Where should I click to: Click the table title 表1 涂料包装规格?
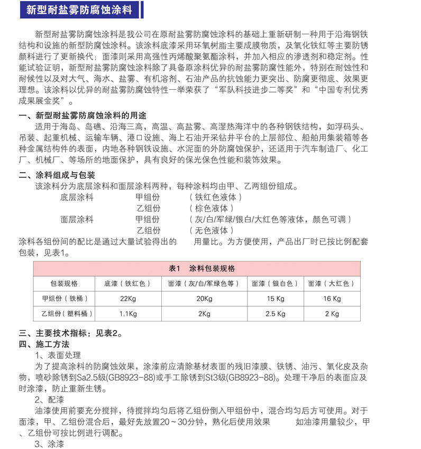coord(202,268)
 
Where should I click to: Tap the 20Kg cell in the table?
coord(204,299)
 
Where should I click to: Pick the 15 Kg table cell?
coord(275,299)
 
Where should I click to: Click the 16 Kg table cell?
coord(332,299)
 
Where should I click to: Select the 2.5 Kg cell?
coord(275,314)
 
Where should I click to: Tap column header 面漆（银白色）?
coord(275,284)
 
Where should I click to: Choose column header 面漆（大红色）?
coord(332,284)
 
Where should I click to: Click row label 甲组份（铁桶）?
coord(64,299)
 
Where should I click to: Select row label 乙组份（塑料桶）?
coord(64,314)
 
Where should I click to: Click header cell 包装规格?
coord(64,284)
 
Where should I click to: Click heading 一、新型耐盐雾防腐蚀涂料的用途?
coord(83,116)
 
